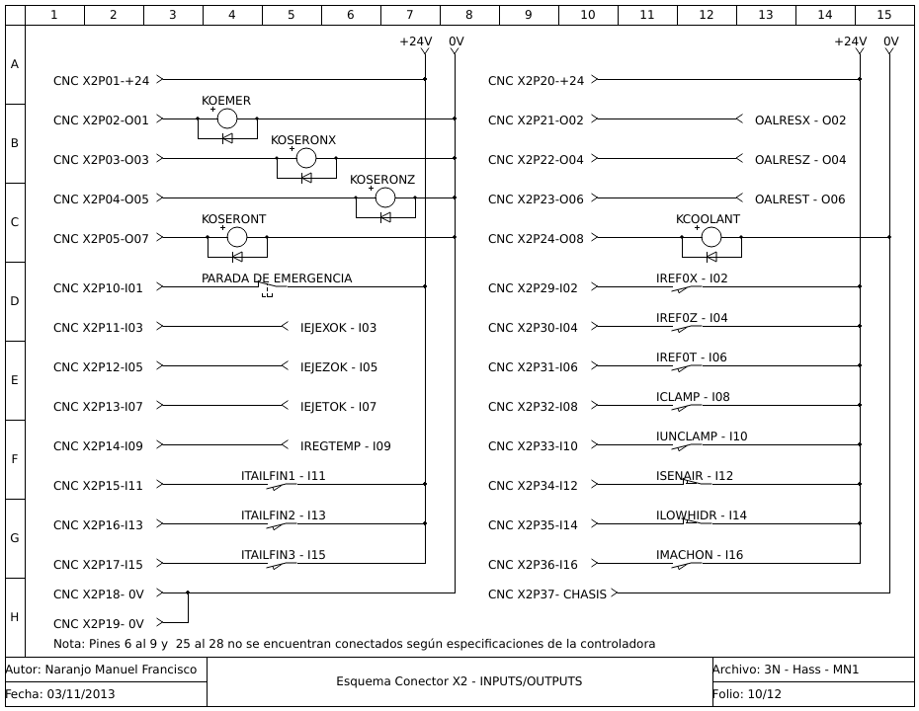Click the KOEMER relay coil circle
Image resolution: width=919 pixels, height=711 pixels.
(x=227, y=118)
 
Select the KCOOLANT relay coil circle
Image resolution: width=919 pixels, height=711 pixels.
(x=711, y=237)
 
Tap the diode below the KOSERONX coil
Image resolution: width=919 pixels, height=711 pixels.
(x=306, y=178)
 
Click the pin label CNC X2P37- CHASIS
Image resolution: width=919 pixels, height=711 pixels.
(x=546, y=593)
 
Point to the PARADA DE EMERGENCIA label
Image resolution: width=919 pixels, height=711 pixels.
(x=277, y=278)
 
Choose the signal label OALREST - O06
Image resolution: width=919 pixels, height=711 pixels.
(x=799, y=199)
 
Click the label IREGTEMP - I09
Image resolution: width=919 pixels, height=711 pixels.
(x=345, y=446)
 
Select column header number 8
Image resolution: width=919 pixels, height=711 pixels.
(x=469, y=15)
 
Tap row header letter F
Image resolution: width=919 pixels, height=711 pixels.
(x=14, y=459)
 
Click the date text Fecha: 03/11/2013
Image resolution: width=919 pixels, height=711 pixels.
(x=60, y=694)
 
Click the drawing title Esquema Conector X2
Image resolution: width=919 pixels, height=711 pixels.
(x=459, y=681)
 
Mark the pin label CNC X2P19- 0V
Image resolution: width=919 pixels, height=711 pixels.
(x=99, y=624)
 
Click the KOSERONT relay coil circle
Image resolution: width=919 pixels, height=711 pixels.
(x=237, y=237)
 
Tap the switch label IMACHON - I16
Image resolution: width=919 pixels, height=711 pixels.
(x=700, y=555)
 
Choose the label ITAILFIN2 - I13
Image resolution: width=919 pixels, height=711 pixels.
(x=284, y=515)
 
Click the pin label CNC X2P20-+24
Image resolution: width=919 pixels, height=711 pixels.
(x=536, y=81)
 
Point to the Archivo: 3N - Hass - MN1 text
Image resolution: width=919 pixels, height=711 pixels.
(x=786, y=670)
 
